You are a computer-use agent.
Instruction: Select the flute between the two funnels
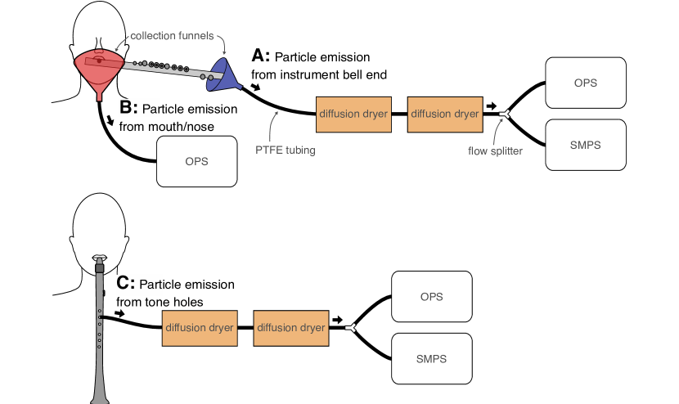click(164, 68)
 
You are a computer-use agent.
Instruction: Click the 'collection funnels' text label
click(172, 36)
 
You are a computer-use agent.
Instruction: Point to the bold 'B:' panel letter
click(128, 107)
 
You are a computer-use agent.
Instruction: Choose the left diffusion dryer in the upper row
click(353, 114)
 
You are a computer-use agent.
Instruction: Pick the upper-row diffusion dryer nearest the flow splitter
click(445, 114)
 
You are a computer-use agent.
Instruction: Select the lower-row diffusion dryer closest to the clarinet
click(200, 328)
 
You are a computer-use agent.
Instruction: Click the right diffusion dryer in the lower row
click(291, 328)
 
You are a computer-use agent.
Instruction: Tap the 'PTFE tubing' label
click(286, 150)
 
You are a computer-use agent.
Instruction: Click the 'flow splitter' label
click(495, 150)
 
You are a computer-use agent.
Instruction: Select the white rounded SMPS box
click(586, 145)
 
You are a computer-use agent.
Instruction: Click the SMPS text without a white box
click(431, 359)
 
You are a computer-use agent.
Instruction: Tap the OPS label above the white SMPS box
click(586, 83)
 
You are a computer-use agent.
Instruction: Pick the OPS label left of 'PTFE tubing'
click(196, 162)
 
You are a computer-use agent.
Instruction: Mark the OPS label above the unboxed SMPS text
click(431, 297)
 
